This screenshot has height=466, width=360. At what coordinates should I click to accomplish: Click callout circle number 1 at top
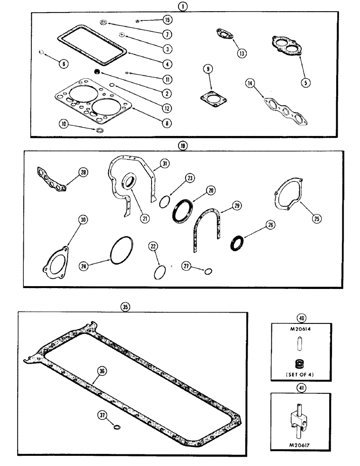pyautogui.click(x=180, y=6)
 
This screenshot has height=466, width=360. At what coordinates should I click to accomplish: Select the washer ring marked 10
pyautogui.click(x=99, y=129)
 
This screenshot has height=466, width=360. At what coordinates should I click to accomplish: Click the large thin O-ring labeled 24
pyautogui.click(x=122, y=251)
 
